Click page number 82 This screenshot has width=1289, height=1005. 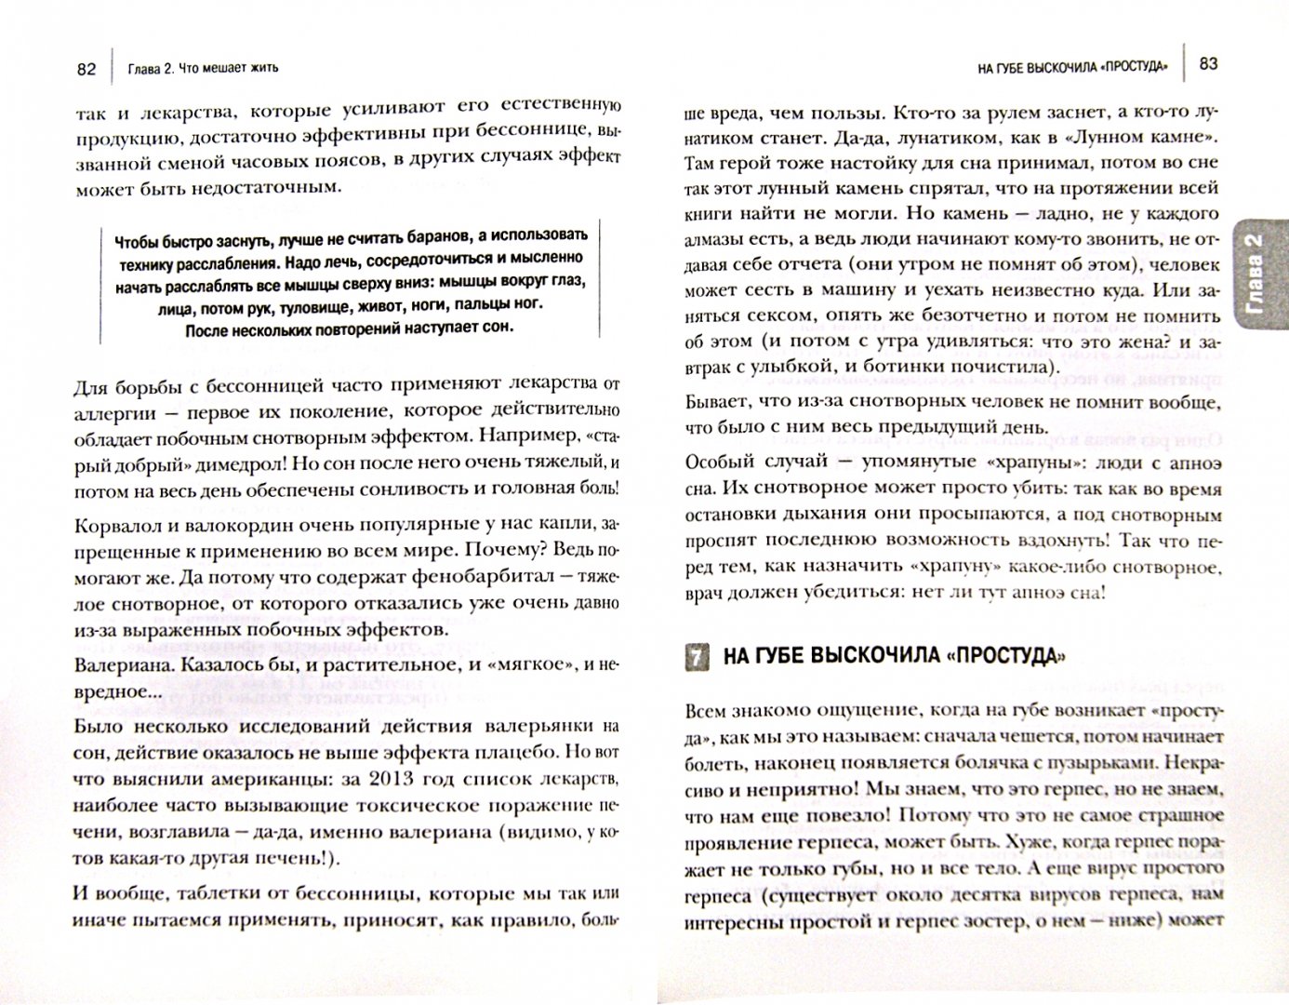click(x=86, y=68)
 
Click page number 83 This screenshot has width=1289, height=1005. click(x=1208, y=63)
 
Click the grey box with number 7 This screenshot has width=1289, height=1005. click(x=696, y=657)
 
